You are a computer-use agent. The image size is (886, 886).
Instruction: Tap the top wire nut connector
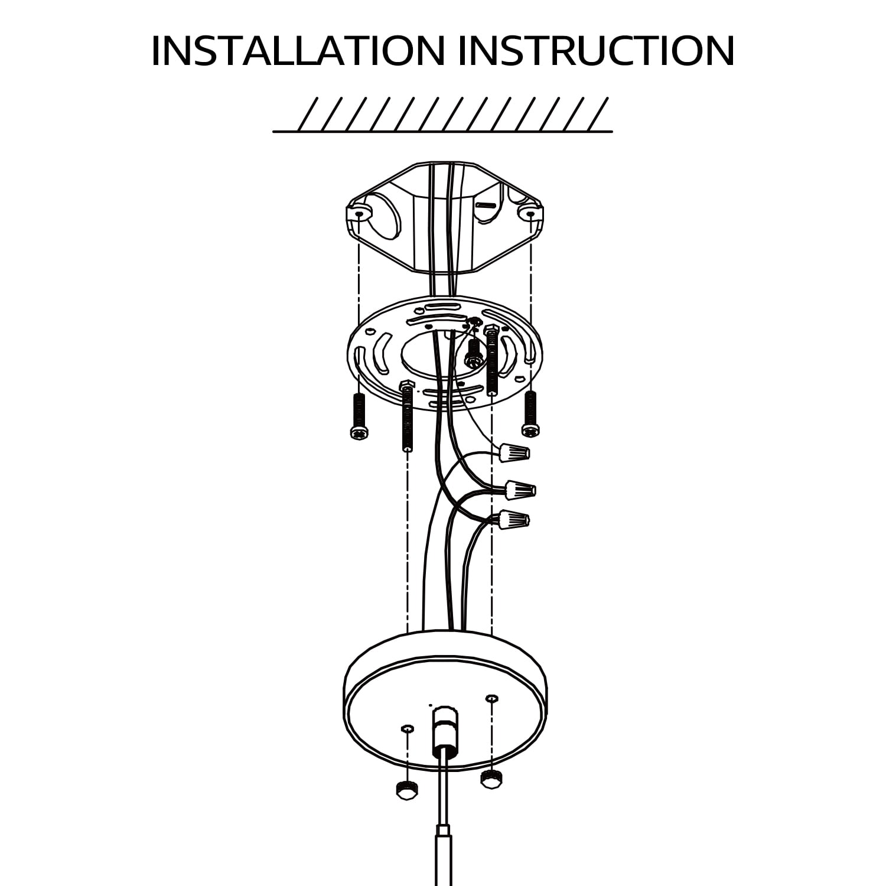[514, 453]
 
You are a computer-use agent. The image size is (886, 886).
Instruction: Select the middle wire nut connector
[521, 489]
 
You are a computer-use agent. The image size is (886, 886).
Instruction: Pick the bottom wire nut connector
[514, 520]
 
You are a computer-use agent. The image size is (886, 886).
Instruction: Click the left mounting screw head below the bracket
[358, 432]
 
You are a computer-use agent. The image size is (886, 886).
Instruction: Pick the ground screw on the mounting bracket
[473, 354]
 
